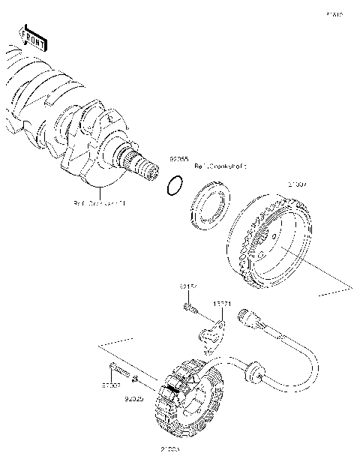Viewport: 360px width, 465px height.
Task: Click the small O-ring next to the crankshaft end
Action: point(173,185)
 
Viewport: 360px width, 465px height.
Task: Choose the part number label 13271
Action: point(221,304)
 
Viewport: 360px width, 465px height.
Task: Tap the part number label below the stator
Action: point(169,450)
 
